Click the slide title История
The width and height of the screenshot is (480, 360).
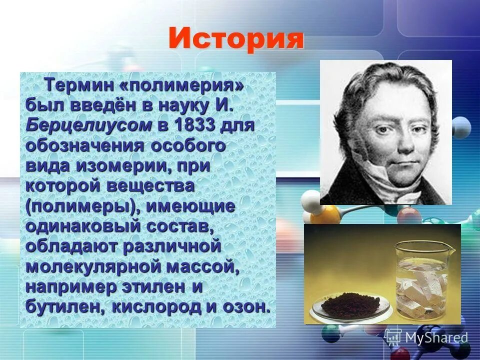236,38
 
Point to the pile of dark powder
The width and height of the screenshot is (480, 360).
350,303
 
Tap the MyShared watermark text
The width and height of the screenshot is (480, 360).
436,337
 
